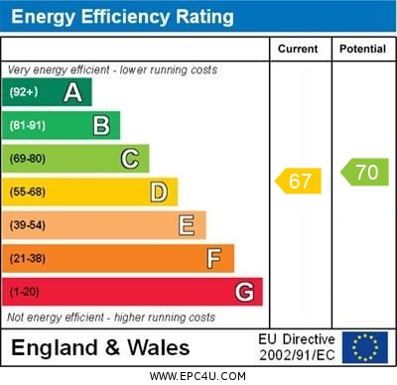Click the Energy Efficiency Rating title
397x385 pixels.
click(122, 17)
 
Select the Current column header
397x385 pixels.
click(298, 49)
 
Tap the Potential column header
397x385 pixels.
click(362, 49)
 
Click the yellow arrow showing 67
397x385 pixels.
click(299, 181)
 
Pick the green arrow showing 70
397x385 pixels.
click(364, 172)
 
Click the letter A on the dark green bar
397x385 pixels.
click(72, 92)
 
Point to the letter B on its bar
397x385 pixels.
click(101, 125)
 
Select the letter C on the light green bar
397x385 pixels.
click(130, 159)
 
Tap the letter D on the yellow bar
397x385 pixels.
click(159, 192)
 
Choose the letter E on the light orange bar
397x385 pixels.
click(187, 225)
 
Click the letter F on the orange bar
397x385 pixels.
click(214, 259)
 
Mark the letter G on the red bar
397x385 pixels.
click(244, 292)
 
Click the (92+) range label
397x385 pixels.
click(24, 92)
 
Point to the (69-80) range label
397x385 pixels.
click(28, 159)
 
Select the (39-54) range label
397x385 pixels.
click(28, 225)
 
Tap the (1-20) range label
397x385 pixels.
click(25, 293)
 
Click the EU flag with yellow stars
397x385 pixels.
click(365, 347)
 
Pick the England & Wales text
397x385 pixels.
click(100, 347)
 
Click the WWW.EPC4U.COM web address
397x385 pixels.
click(198, 376)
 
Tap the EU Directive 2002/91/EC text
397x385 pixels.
click(297, 347)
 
